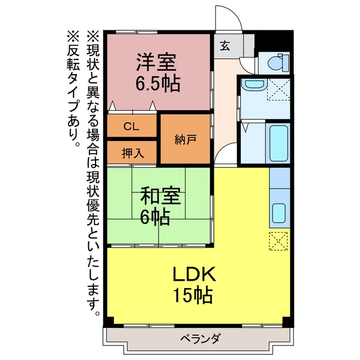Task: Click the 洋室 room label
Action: [x=156, y=62]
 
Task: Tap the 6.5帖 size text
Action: [x=157, y=84]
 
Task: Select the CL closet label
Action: [x=132, y=126]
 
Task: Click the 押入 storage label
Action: [x=133, y=153]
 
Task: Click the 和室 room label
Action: [x=160, y=196]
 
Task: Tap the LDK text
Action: [x=194, y=274]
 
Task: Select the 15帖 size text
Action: [x=192, y=295]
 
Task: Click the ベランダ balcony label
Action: [x=201, y=339]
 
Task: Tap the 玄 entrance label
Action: [x=225, y=46]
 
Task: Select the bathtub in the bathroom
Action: [x=279, y=143]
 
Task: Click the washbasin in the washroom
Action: [x=254, y=84]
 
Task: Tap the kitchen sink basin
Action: [x=279, y=213]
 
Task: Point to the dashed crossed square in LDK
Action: [x=278, y=241]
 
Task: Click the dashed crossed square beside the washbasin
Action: [x=278, y=89]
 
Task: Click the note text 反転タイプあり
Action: [x=74, y=89]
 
